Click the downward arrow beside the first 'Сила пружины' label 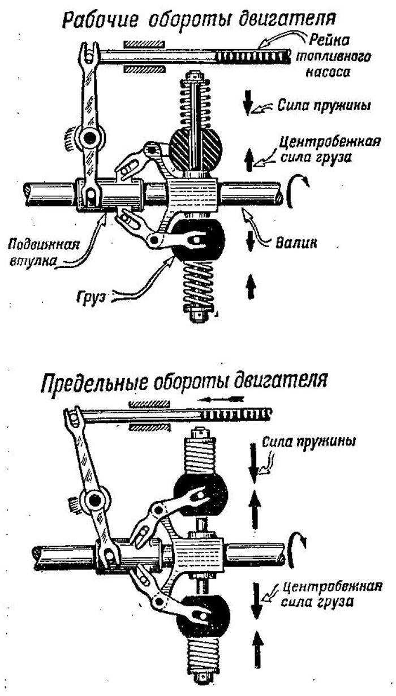point(248,106)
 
